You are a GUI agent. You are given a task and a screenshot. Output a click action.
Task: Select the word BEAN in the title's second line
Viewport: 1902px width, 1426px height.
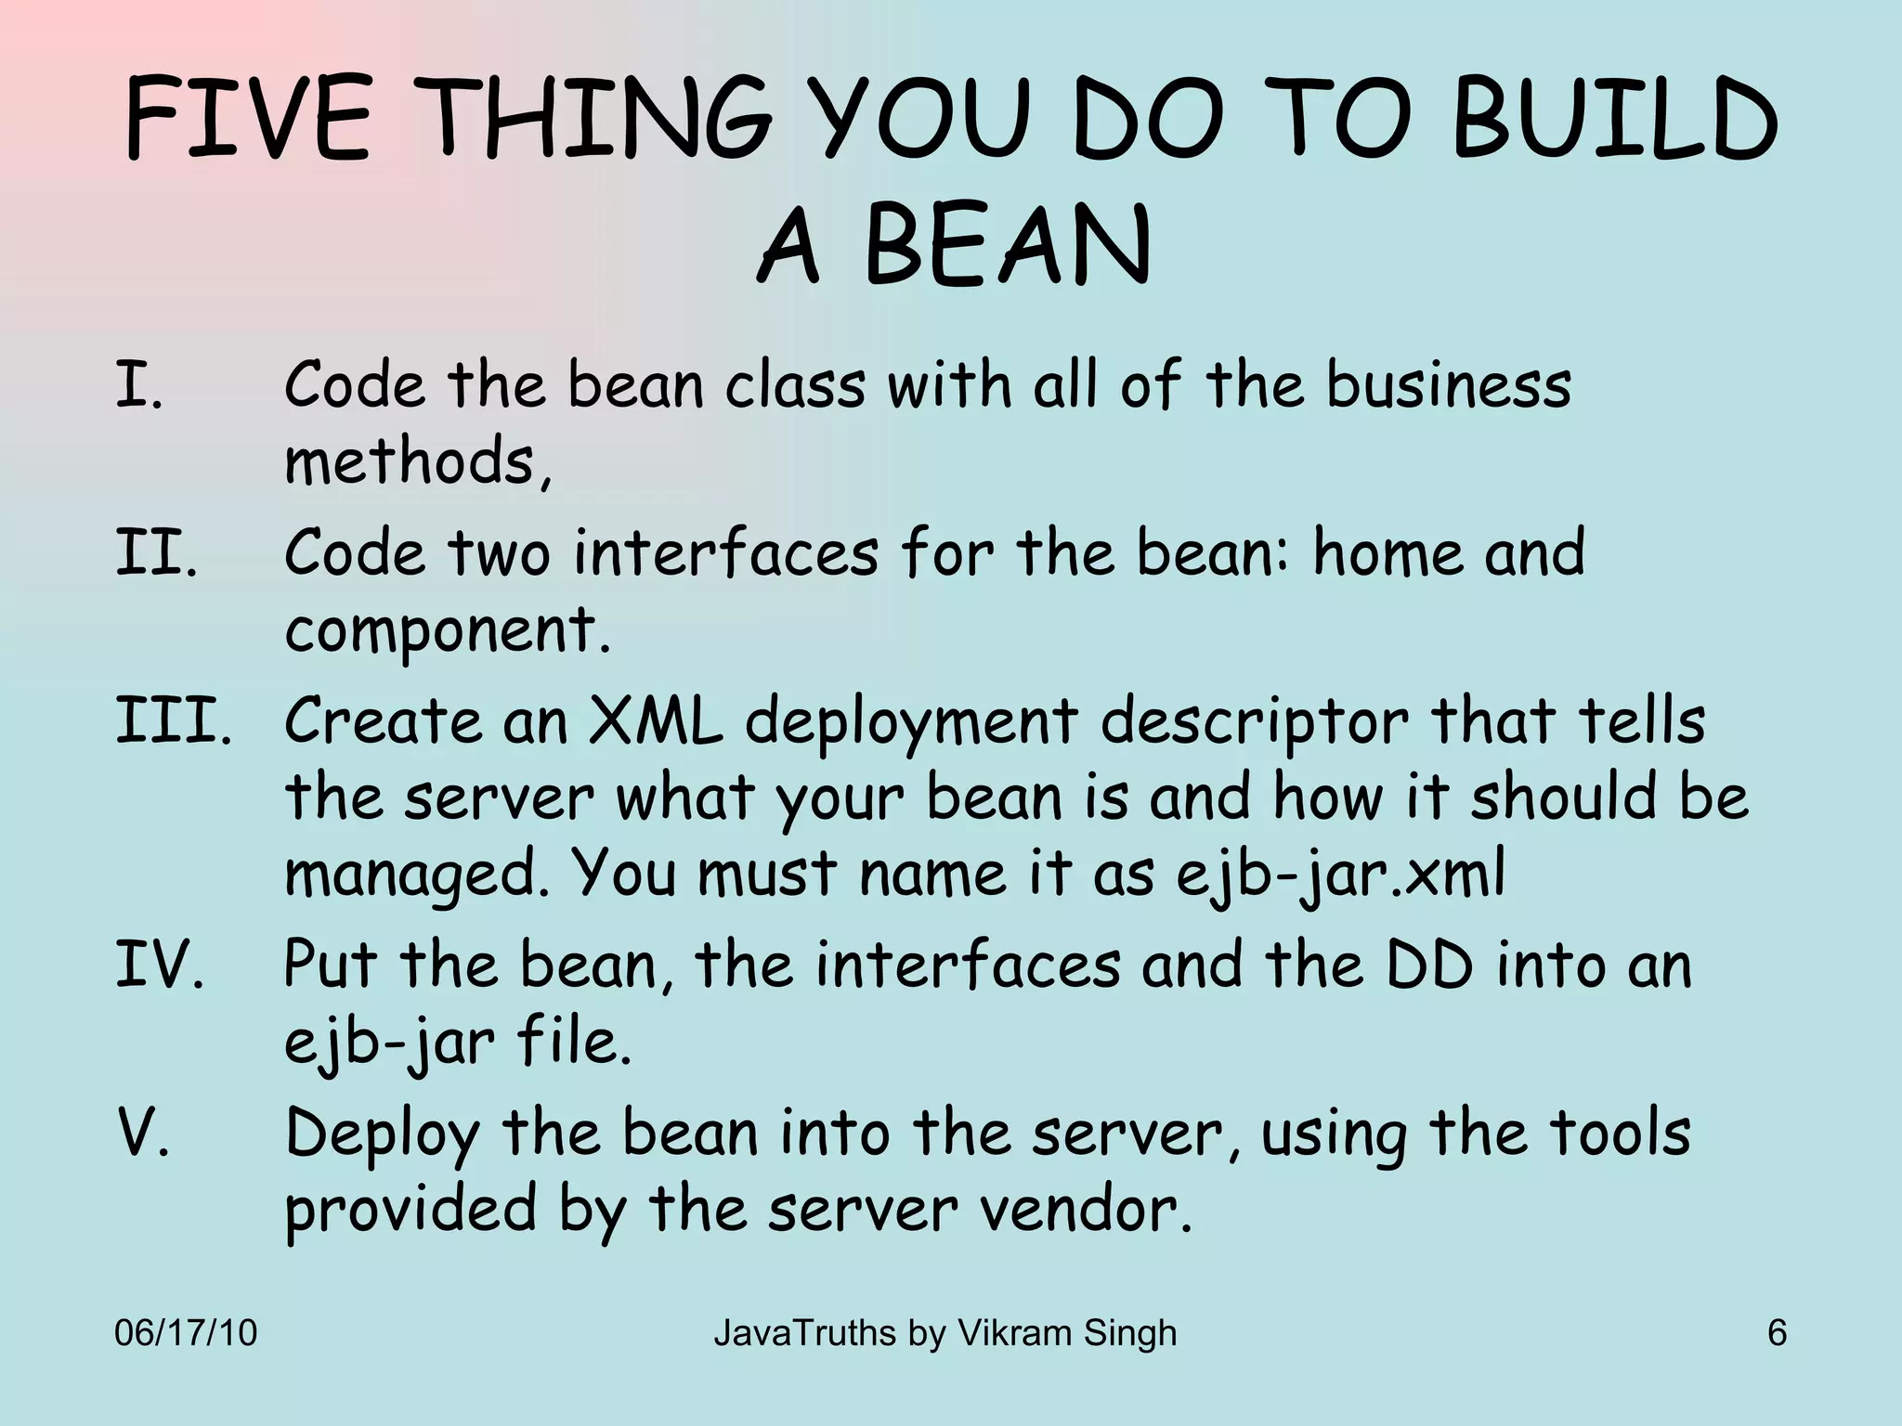[x=1007, y=246]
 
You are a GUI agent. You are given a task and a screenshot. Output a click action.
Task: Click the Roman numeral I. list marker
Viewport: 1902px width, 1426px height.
[x=139, y=385]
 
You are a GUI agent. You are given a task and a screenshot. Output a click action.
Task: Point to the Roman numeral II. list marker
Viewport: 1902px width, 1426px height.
[x=156, y=552]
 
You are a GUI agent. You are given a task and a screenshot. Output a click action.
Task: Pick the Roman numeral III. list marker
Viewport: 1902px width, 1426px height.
[x=173, y=721]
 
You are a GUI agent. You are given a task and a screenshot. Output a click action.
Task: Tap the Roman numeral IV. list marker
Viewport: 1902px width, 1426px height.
[x=159, y=965]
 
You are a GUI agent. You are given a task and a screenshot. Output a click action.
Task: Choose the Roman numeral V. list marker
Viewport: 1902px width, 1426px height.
[x=144, y=1134]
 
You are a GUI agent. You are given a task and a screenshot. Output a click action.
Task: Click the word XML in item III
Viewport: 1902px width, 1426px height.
[x=656, y=721]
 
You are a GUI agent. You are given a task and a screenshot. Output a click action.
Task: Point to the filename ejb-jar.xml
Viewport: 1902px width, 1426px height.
[x=1340, y=875]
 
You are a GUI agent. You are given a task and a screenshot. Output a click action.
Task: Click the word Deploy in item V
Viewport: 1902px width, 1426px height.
[x=382, y=1135]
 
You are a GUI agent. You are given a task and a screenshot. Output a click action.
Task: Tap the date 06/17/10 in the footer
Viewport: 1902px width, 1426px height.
[x=185, y=1333]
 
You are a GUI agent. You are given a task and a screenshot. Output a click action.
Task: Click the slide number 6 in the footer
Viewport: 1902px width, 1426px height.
[x=1777, y=1333]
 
